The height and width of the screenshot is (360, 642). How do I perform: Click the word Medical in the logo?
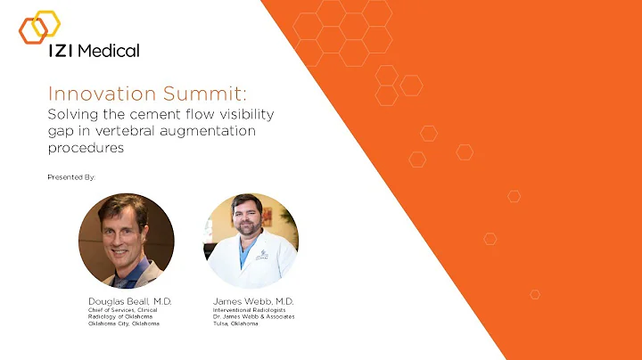pyautogui.click(x=109, y=51)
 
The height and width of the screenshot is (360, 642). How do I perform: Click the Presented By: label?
pyautogui.click(x=71, y=177)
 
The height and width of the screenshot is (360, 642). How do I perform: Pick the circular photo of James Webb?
pyautogui.click(x=251, y=241)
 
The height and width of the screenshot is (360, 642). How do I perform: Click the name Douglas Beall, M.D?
pyautogui.click(x=129, y=302)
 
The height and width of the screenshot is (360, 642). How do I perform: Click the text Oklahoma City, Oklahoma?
pyautogui.click(x=123, y=323)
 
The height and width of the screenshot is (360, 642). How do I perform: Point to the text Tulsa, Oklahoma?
pyautogui.click(x=236, y=323)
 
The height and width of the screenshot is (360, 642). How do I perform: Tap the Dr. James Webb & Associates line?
pyautogui.click(x=254, y=316)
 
